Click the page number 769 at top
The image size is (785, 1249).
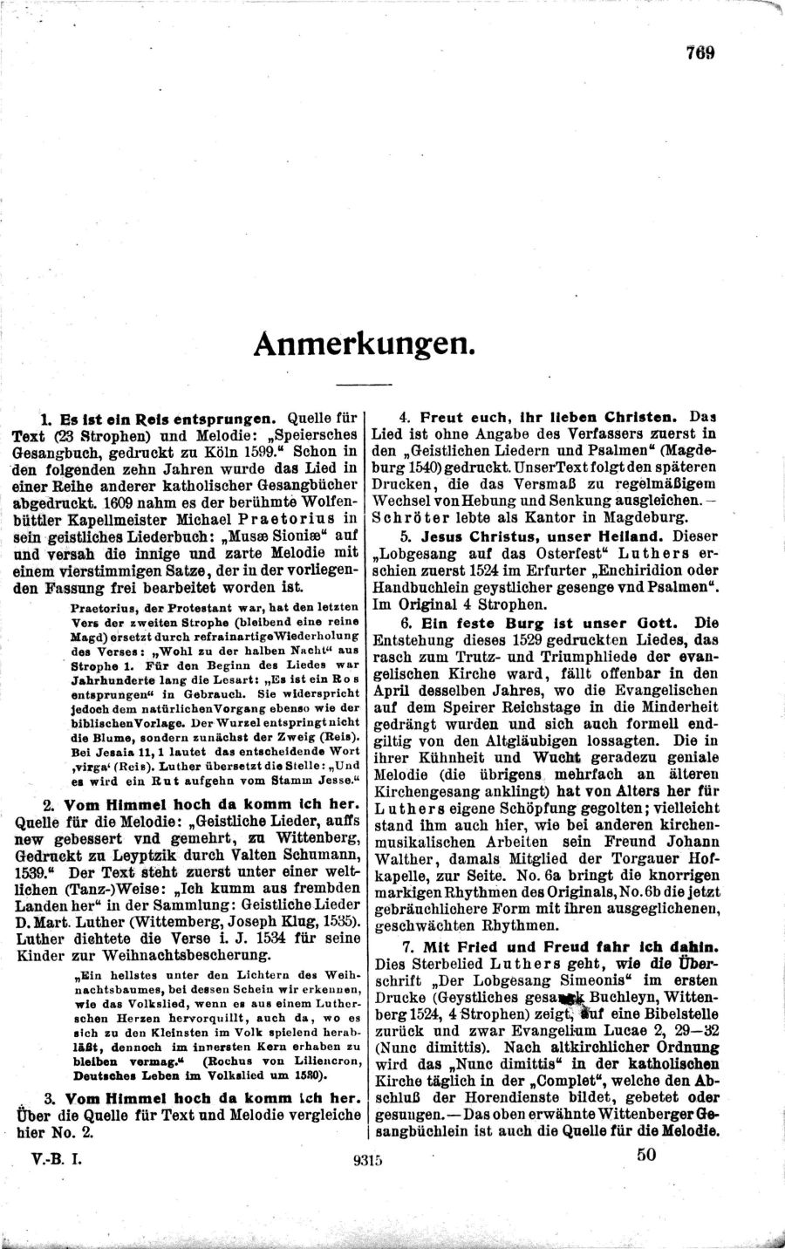click(x=700, y=51)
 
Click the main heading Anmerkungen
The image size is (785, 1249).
click(x=364, y=344)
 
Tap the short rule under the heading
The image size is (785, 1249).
click(x=363, y=385)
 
